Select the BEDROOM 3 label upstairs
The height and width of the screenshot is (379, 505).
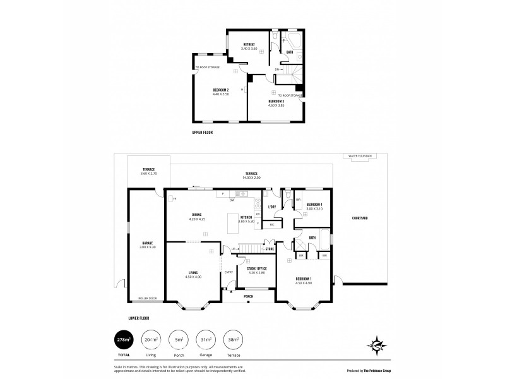276,102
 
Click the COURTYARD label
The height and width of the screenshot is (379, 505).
360,218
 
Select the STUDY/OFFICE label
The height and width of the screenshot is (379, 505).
258,270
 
